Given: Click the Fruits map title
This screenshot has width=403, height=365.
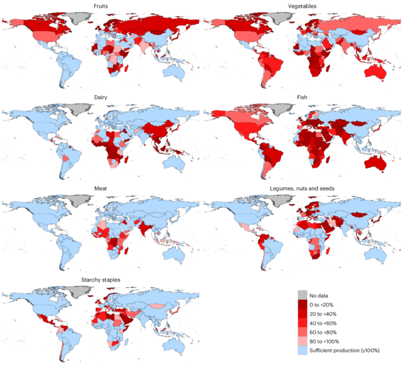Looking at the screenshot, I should click(100, 6).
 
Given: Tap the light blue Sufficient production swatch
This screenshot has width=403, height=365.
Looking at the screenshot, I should click(303, 350).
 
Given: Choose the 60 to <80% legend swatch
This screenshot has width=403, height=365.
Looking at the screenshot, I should click(303, 331).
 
